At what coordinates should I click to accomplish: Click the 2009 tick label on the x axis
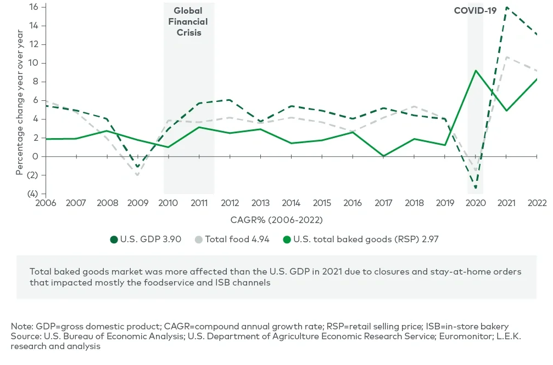(x=137, y=203)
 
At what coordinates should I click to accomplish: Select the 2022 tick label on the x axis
(x=537, y=203)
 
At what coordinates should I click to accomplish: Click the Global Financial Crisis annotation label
(x=188, y=22)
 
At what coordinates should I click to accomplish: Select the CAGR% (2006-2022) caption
(x=277, y=220)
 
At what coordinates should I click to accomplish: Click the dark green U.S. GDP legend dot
(x=114, y=239)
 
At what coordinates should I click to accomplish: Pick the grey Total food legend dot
(x=200, y=239)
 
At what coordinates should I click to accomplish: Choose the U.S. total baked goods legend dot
(x=287, y=239)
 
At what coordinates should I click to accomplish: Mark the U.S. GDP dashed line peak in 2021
(x=506, y=7)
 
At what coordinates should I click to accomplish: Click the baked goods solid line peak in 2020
(x=476, y=70)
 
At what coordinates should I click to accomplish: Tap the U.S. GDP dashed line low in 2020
(x=476, y=188)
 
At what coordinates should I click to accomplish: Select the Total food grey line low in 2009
(x=137, y=175)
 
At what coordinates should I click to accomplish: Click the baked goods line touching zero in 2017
(x=383, y=156)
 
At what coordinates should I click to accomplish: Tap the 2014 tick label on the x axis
(x=291, y=203)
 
